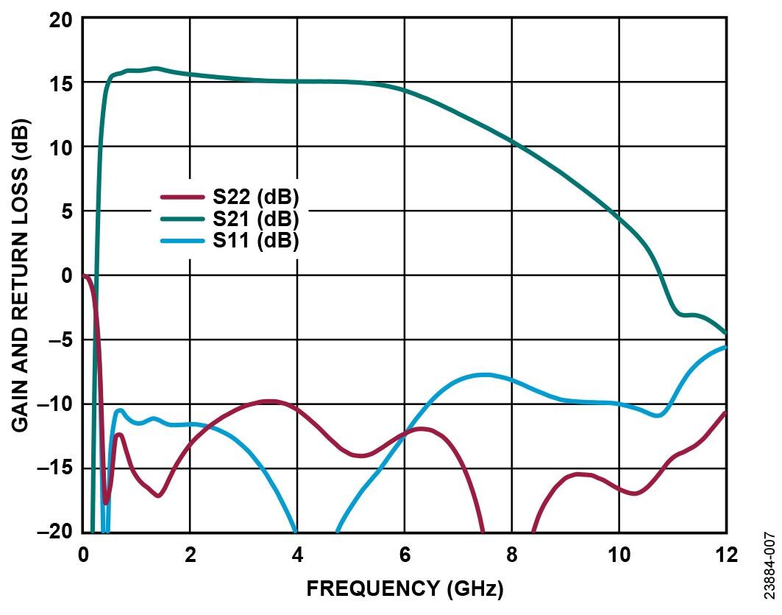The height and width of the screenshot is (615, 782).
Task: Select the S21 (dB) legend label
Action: click(256, 219)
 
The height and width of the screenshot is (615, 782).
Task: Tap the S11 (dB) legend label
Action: click(256, 241)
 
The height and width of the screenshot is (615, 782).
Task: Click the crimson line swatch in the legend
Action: click(182, 197)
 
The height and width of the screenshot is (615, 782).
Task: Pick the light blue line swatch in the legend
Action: click(182, 241)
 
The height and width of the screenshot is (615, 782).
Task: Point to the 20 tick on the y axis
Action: click(61, 19)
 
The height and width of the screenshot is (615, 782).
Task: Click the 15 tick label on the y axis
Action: click(61, 83)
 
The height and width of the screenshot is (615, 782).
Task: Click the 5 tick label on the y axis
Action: click(67, 211)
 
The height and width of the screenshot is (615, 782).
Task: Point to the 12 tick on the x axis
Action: click(726, 555)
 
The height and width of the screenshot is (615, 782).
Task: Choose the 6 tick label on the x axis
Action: click(404, 555)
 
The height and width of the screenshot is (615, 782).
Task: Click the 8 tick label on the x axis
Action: click(511, 555)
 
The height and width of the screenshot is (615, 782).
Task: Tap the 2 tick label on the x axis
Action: click(190, 555)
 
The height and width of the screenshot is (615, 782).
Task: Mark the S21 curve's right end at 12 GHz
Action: click(725, 333)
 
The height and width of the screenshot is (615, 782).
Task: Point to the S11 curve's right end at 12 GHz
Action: click(725, 347)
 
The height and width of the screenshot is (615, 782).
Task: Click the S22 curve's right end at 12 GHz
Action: click(725, 413)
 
